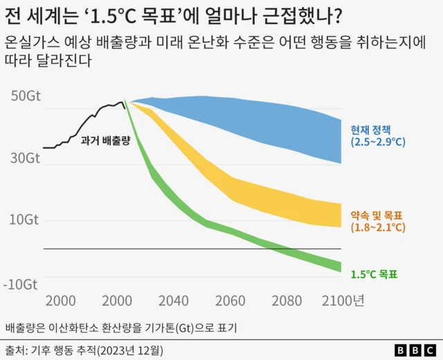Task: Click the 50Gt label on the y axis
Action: tap(26, 96)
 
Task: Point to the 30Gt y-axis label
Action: tap(26, 158)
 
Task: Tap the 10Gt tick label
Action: tap(26, 219)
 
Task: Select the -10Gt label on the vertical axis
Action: tap(24, 284)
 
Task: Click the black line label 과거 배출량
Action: tap(105, 141)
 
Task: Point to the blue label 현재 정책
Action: tap(371, 129)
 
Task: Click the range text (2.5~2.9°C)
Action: tap(377, 143)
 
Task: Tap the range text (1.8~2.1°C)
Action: tap(377, 227)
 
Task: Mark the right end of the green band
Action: tap(341, 267)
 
